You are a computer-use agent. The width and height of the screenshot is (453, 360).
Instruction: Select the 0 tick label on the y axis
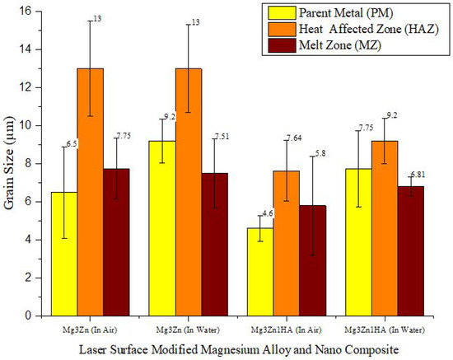31,316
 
